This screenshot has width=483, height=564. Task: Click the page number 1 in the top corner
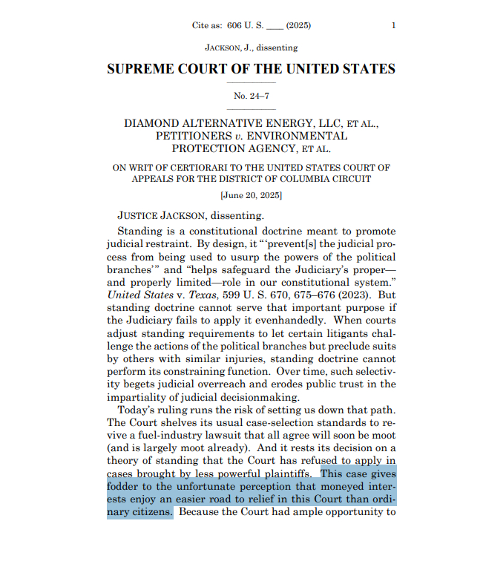pyautogui.click(x=393, y=25)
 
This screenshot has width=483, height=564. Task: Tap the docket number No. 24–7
pyautogui.click(x=251, y=96)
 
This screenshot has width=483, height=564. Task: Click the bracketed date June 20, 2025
pyautogui.click(x=251, y=196)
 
